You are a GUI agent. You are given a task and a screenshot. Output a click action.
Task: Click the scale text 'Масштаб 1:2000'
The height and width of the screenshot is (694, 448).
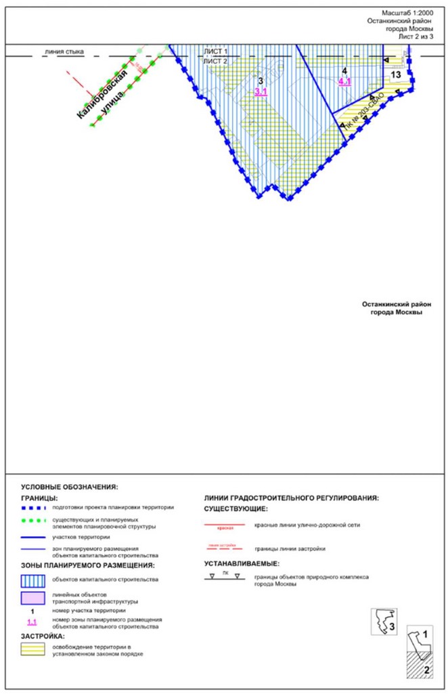(x=406, y=13)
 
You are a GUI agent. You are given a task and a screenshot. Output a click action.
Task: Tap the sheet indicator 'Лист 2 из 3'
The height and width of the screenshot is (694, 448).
(x=414, y=37)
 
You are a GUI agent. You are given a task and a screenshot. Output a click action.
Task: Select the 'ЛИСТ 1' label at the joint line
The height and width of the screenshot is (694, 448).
(x=216, y=51)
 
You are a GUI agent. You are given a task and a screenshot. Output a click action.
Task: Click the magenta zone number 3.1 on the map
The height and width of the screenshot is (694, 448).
(x=261, y=92)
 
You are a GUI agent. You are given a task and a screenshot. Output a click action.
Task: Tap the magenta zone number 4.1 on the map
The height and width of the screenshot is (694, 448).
(x=344, y=82)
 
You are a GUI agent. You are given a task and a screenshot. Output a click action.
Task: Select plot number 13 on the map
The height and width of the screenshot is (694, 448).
(x=396, y=74)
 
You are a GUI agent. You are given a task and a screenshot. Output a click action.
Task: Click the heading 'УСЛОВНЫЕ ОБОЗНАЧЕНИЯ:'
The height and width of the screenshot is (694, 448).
(x=70, y=487)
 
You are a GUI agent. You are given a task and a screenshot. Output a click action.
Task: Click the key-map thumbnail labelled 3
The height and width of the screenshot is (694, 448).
(x=384, y=621)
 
